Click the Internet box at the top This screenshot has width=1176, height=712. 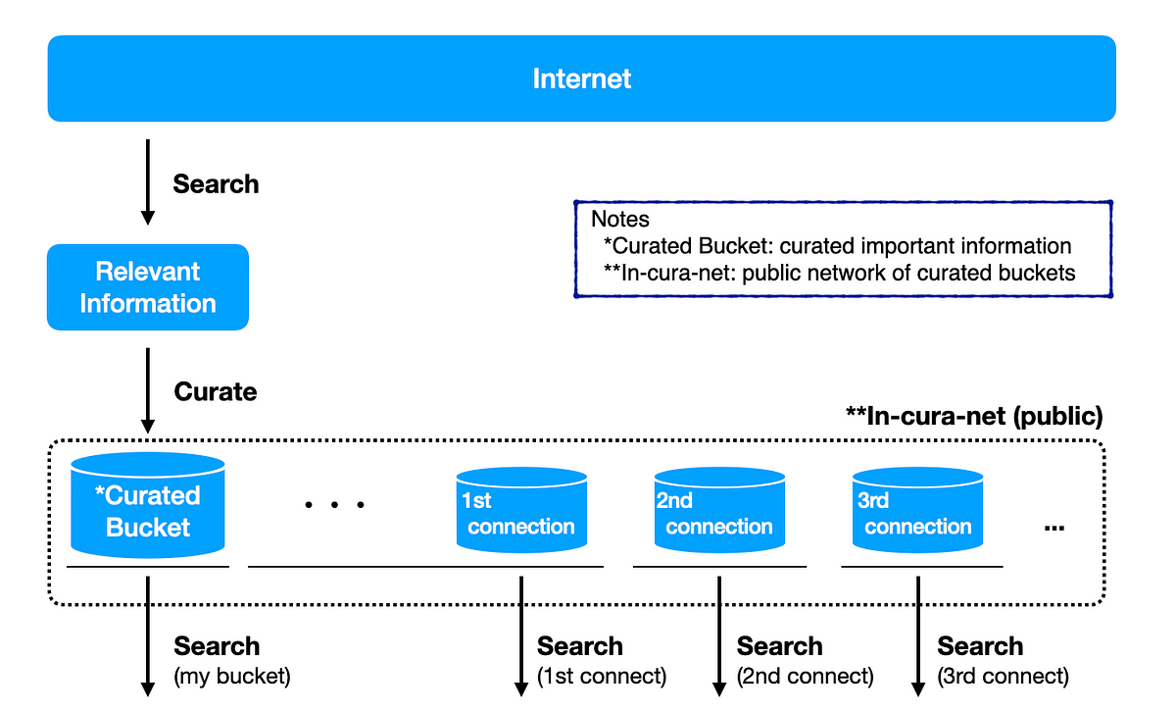coord(582,78)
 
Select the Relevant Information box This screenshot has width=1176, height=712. coord(148,287)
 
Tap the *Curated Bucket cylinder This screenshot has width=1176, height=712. coord(148,505)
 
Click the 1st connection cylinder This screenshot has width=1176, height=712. coord(521,510)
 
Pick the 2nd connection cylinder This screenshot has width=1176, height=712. coord(719,510)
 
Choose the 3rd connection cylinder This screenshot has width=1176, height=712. coord(917,510)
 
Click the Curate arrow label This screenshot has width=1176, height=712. coord(216,391)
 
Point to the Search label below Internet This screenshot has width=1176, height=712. coord(216,184)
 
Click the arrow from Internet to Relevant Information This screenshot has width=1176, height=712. coord(148,181)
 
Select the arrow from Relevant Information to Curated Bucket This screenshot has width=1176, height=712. coord(148,390)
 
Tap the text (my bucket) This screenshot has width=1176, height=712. coord(232,677)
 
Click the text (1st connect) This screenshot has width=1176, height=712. coord(602,677)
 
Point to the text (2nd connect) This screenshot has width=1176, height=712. coord(806,677)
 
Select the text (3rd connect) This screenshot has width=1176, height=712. coord(1004,677)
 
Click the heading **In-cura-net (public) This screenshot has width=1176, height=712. coord(974,416)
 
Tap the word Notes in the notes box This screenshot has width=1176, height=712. coord(620,219)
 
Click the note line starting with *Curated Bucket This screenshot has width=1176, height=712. coord(837,246)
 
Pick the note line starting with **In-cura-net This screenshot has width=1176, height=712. coord(840,273)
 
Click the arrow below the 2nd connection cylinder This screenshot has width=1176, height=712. coord(719,636)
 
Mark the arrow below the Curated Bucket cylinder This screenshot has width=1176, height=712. coord(148,636)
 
